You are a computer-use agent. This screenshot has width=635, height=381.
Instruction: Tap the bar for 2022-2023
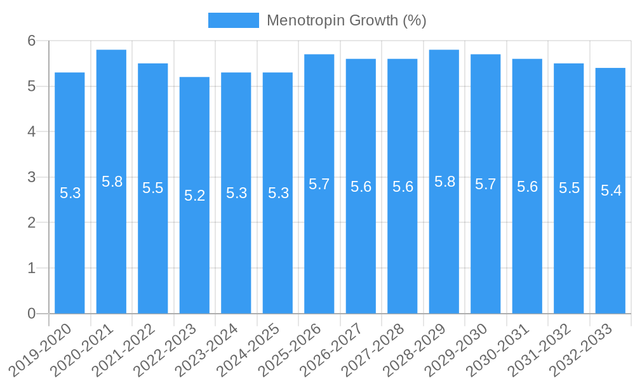(194, 254)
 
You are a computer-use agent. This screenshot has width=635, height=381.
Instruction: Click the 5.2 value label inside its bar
(194, 196)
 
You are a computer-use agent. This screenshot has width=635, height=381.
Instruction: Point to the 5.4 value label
(611, 190)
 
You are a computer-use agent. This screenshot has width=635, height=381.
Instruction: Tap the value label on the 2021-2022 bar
(153, 188)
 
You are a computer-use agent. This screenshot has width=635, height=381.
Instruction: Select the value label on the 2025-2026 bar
(319, 184)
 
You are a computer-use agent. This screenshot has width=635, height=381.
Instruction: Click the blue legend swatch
(233, 20)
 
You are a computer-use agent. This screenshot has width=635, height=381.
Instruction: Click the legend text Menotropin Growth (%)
(346, 20)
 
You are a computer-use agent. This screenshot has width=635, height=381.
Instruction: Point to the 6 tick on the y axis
(32, 41)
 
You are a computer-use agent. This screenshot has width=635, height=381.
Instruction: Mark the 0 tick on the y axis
(32, 314)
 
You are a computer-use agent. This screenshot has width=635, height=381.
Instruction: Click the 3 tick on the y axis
(32, 177)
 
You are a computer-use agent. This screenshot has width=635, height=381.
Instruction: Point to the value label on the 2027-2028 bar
(403, 187)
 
